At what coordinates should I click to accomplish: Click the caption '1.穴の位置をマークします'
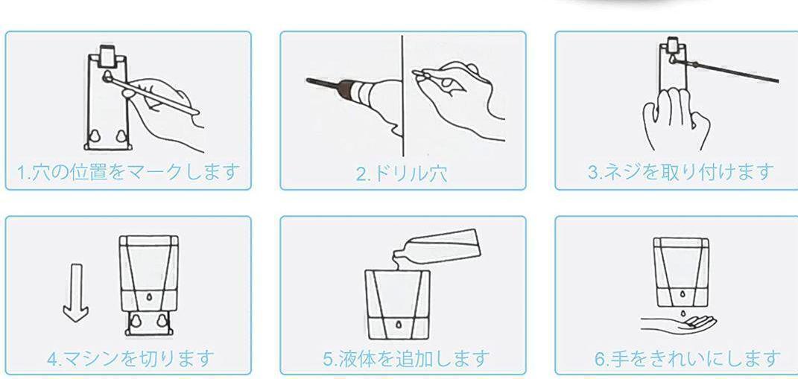tap(128, 172)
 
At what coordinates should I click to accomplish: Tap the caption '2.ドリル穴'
tap(402, 174)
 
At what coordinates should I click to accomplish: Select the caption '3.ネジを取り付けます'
tap(681, 172)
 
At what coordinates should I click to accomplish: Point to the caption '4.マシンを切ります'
tap(131, 358)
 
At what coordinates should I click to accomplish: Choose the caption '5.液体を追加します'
tap(406, 358)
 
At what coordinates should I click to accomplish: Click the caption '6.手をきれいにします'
tap(687, 358)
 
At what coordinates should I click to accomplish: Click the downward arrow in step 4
tap(76, 293)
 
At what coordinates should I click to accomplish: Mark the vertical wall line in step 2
tap(402, 95)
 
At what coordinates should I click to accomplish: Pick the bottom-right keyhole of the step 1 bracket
tap(121, 136)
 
